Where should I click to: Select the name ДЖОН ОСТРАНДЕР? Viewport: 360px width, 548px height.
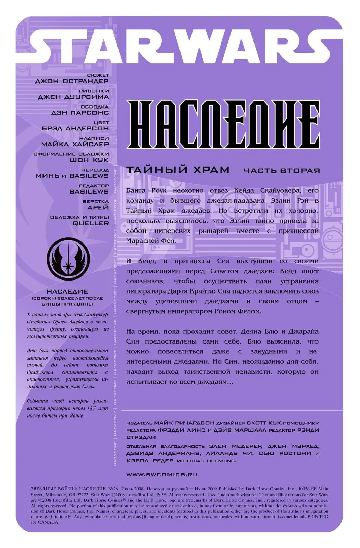pos(72,81)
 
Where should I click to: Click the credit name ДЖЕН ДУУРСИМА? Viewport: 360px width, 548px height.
pos(73,97)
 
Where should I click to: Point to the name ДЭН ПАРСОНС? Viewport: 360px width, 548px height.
pos(80,113)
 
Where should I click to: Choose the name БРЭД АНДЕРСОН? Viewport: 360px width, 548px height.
pos(75,128)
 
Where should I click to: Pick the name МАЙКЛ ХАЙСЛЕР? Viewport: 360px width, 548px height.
pos(75,144)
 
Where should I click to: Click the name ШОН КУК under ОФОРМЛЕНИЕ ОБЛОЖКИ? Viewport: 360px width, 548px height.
pos(89,160)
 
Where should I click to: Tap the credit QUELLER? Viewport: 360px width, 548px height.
pos(91,223)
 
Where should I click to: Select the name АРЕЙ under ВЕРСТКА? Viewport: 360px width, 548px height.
pos(98,208)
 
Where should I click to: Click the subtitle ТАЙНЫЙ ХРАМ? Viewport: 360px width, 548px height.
pos(178,170)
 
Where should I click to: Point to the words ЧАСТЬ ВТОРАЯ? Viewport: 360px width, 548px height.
pos(281,171)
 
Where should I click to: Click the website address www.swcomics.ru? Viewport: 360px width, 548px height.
pos(162,475)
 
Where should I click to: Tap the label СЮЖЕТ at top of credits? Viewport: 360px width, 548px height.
pos(98,75)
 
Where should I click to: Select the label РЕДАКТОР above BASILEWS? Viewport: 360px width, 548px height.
pos(94,186)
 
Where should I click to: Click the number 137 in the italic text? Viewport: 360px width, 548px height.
pos(91,408)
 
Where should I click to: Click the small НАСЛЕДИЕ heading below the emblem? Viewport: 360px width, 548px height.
pos(67,291)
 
